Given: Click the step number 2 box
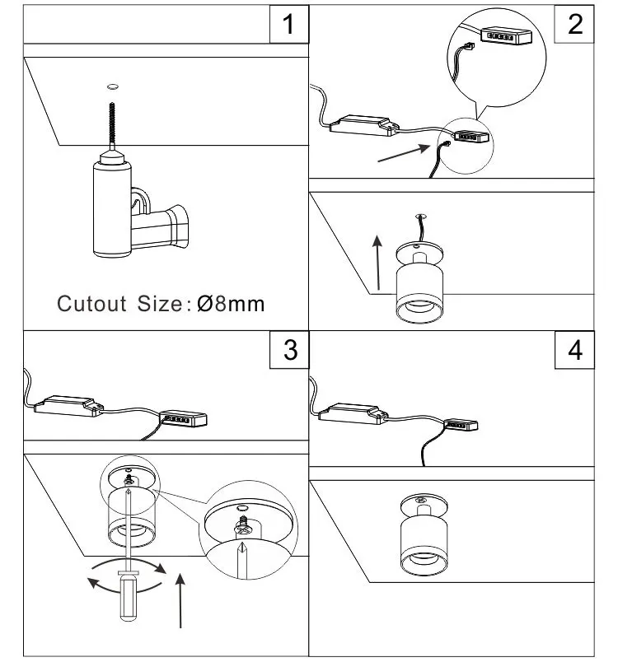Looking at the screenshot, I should (575, 23).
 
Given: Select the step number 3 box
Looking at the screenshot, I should (288, 349).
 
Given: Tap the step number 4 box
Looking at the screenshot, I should (575, 349).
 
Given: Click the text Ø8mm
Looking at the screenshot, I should (231, 303).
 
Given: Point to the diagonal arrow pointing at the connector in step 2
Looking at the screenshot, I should (404, 152).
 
